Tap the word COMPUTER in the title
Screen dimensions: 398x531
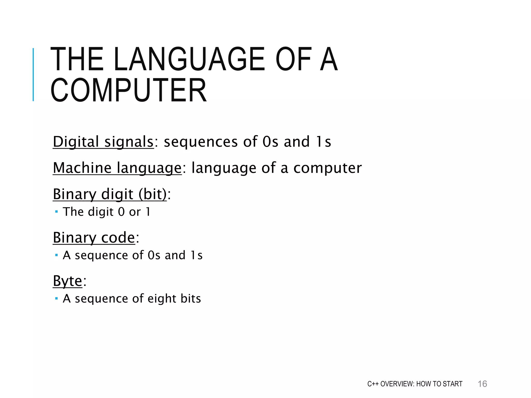click(129, 90)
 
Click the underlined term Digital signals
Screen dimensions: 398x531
click(103, 142)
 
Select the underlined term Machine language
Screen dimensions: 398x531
click(117, 168)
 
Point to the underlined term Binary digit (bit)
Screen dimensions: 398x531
click(110, 194)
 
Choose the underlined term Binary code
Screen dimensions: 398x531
click(94, 237)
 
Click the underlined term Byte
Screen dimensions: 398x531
click(67, 281)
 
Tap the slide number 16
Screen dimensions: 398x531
click(482, 384)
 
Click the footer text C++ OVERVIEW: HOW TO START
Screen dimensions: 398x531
click(415, 384)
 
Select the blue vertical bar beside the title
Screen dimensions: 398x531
click(33, 75)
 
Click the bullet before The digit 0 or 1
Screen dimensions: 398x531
click(57, 212)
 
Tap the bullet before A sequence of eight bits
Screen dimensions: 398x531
click(57, 299)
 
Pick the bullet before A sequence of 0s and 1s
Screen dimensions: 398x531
click(57, 255)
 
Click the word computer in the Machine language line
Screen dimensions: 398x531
click(327, 168)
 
